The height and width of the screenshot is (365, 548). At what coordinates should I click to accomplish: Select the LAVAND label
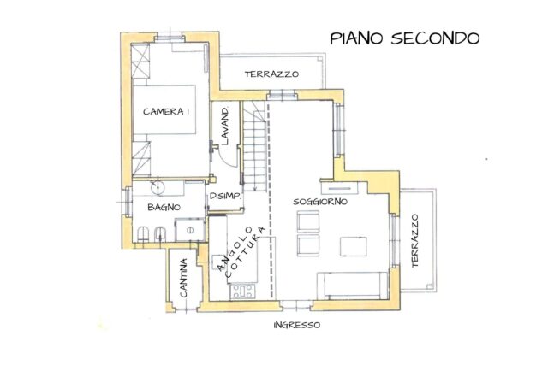[x=225, y=127]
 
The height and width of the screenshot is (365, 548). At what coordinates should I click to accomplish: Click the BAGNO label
[x=163, y=208]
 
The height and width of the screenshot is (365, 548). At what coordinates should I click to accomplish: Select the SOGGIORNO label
[x=319, y=202]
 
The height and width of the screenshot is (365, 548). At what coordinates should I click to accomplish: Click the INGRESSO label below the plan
[x=297, y=326]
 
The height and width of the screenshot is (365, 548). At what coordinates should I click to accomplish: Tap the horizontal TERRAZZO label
[x=271, y=74]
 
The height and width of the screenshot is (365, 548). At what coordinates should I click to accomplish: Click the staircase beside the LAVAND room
[x=253, y=145]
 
